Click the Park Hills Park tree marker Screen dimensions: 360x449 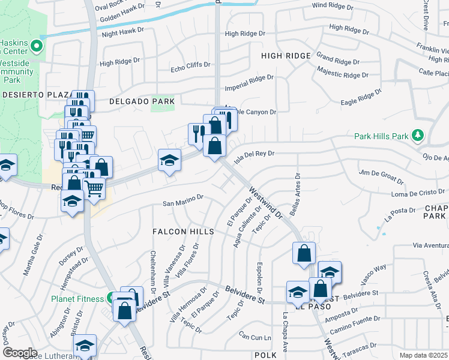pyautogui.click(x=418, y=136)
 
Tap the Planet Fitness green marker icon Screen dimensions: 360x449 pyautogui.click(x=111, y=298)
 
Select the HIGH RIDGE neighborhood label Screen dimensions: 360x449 pyautogui.click(x=286, y=56)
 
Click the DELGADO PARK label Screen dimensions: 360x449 pyautogui.click(x=142, y=102)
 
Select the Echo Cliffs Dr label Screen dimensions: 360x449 pyautogui.click(x=190, y=64)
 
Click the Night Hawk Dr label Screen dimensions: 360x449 pyautogui.click(x=123, y=31)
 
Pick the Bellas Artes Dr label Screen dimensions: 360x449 pyautogui.click(x=298, y=191)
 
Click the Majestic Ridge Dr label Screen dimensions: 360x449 pyautogui.click(x=342, y=75)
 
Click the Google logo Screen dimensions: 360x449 pyautogui.click(x=20, y=352)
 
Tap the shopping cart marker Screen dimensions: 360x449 pyautogui.click(x=94, y=188)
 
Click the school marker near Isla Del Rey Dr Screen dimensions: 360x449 pyautogui.click(x=170, y=160)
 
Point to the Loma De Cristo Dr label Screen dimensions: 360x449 pyautogui.click(x=416, y=194)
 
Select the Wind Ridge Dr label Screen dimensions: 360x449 pyautogui.click(x=337, y=5)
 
